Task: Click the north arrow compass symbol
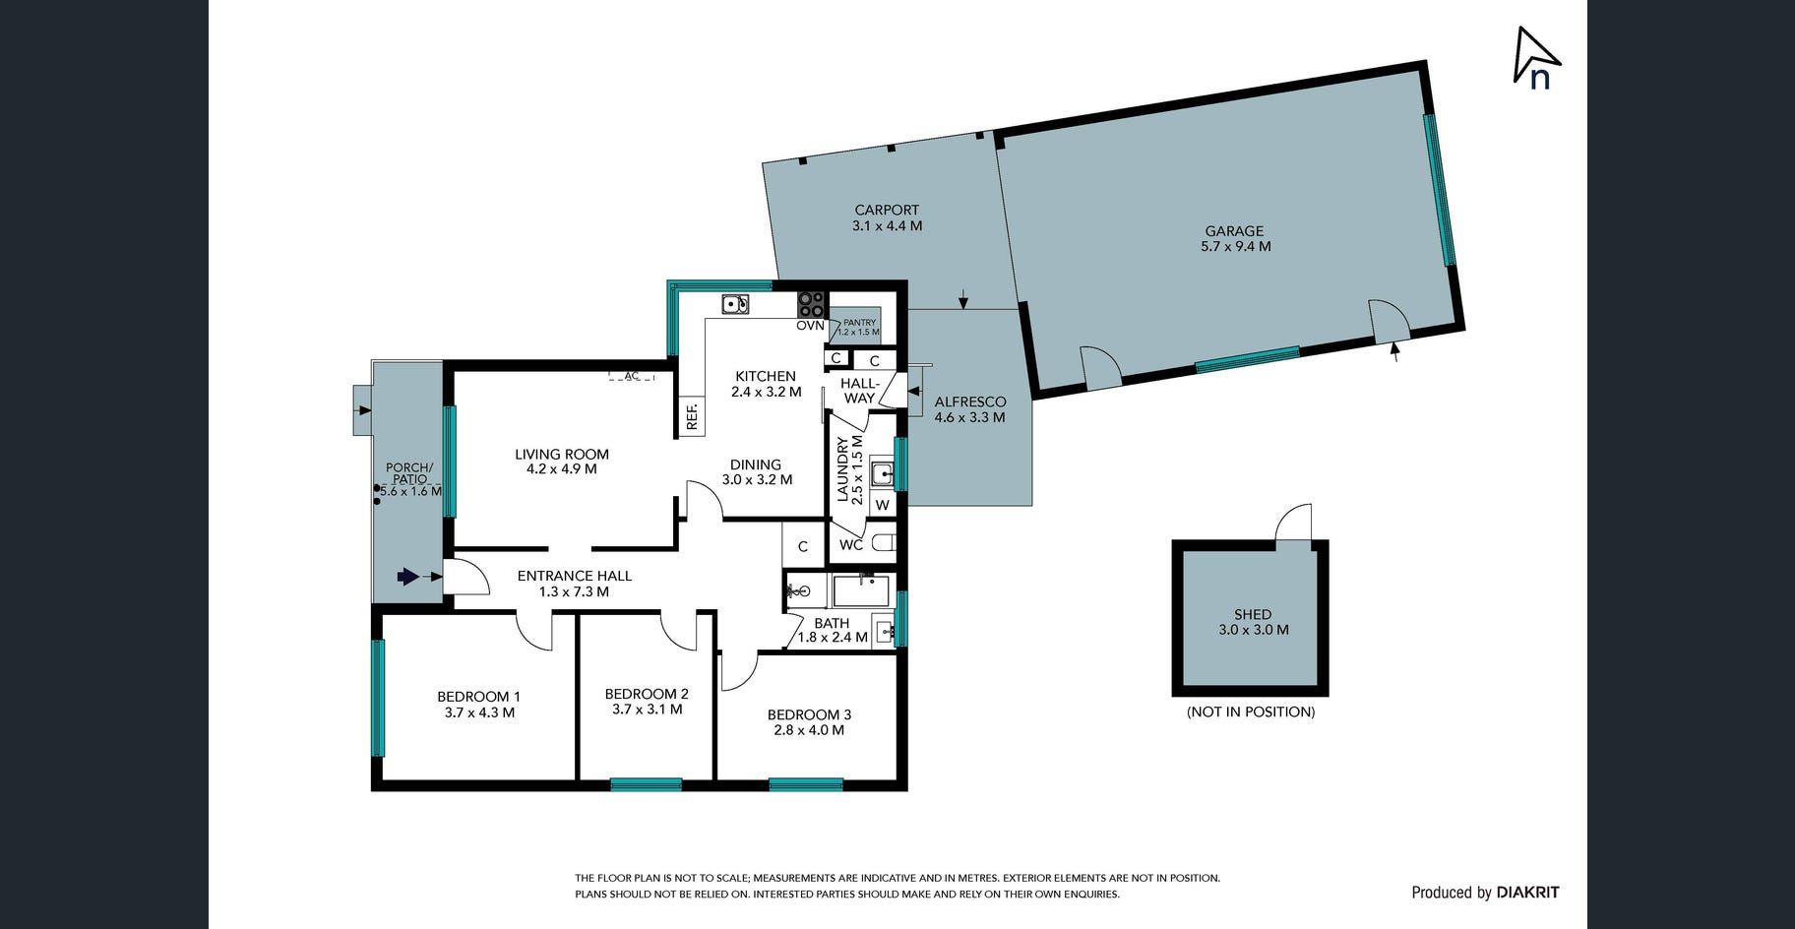tap(1535, 57)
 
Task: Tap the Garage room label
tap(1234, 231)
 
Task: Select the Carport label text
tap(887, 210)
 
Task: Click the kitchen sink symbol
tap(735, 304)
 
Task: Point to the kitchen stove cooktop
tap(811, 304)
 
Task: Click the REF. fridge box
tap(691, 416)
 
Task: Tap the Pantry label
tap(859, 322)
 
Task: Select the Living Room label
tap(562, 454)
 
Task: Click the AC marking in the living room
tap(632, 375)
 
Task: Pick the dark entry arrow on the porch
tap(407, 577)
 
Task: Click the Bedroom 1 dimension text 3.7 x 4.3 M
tap(479, 712)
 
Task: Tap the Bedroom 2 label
tap(647, 694)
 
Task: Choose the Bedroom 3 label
tap(809, 714)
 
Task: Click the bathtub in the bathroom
tap(861, 592)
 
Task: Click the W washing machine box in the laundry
tap(883, 504)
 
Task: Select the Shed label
tap(1253, 614)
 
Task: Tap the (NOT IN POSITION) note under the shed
tap(1251, 712)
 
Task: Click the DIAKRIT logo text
tap(1527, 893)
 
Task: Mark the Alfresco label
tap(970, 402)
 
